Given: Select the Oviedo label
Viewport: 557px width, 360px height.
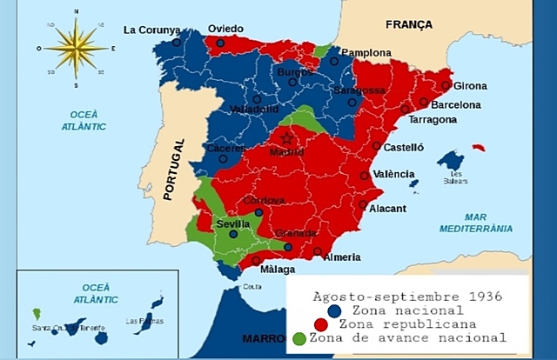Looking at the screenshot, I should (225, 29).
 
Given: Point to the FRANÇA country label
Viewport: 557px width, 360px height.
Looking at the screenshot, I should (408, 25).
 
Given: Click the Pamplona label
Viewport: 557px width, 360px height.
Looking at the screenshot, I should (366, 52).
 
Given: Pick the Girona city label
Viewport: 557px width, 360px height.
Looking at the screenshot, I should (470, 86).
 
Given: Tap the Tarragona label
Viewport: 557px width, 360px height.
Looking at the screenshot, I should (433, 120).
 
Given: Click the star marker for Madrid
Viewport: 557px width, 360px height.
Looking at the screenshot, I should (287, 137).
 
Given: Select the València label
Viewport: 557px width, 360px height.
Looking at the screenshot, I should (393, 174).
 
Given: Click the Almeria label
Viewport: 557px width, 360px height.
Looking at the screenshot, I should (342, 257).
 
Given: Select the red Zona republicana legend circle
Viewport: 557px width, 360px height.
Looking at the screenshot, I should (321, 323).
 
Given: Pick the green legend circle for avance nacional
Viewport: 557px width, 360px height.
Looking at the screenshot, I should (300, 338).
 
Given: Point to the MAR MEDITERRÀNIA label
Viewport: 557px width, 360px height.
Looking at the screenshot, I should (487, 223).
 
